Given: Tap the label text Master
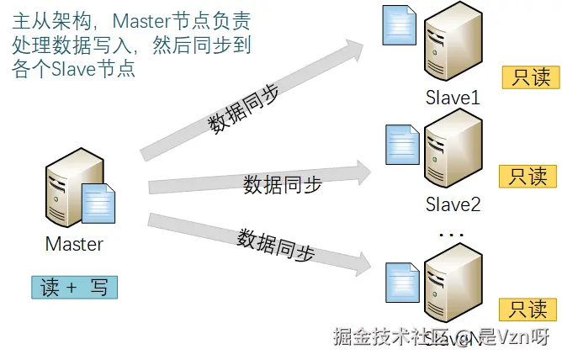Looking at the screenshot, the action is (x=74, y=245).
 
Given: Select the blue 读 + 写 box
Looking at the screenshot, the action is (x=74, y=287).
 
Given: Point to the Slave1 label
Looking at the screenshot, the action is (x=453, y=98).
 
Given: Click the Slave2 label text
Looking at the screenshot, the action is (x=453, y=204).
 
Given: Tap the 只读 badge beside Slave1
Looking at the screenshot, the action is (x=529, y=77).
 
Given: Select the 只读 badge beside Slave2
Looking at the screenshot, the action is (x=529, y=176).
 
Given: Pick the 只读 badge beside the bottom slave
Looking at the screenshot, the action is (x=529, y=309).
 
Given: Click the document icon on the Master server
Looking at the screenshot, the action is (x=98, y=204).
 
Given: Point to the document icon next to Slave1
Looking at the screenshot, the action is (x=398, y=25).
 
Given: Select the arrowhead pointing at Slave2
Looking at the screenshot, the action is (x=362, y=172).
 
